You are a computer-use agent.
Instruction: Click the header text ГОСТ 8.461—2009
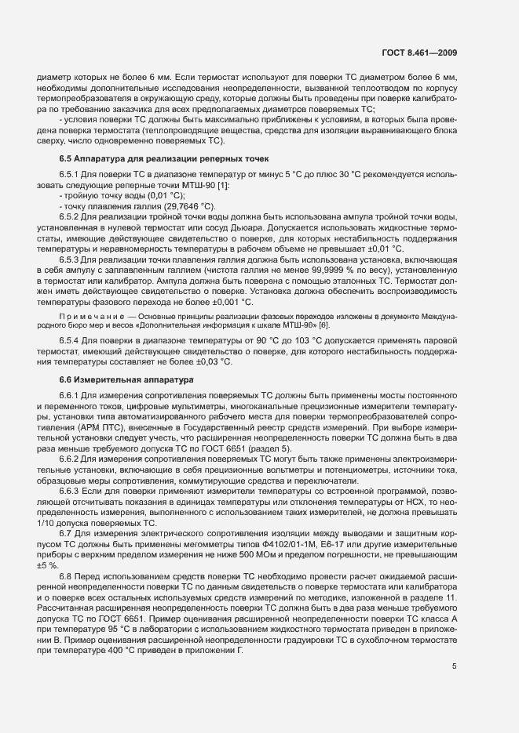419,53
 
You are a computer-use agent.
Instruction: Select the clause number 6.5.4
71,343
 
